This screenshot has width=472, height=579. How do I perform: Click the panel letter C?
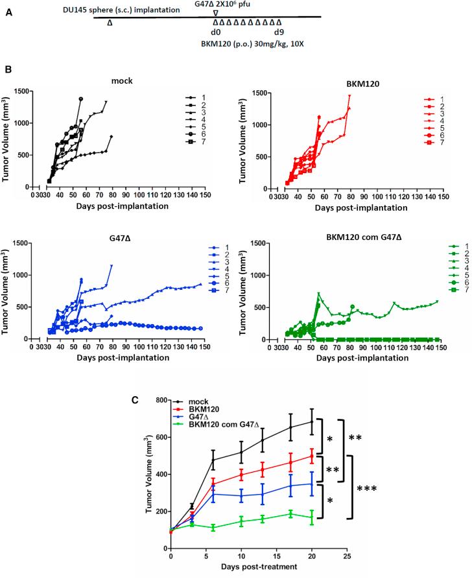coord(134,400)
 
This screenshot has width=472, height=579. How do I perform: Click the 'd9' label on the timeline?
coord(279,32)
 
